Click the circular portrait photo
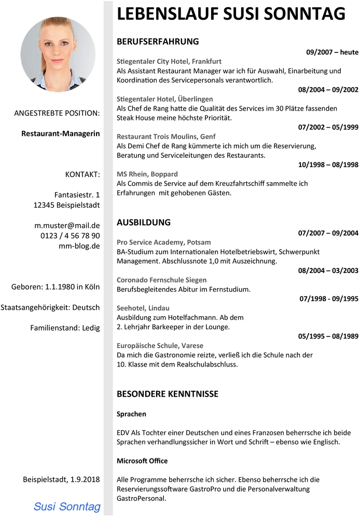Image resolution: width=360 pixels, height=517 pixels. pos(58,54)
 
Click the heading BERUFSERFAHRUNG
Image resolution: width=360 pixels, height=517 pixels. pos(158,42)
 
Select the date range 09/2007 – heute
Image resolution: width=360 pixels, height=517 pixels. pos(332,52)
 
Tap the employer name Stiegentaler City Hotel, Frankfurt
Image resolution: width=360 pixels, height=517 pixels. pos(169,61)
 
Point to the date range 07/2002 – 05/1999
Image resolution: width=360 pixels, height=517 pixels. pos(328,127)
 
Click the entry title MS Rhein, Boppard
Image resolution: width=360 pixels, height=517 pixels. pos(147,174)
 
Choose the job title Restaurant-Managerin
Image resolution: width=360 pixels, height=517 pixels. pos(61,133)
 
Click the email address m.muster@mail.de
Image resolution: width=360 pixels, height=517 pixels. pos(67,225)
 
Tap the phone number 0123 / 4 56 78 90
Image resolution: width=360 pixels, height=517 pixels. pos(70,236)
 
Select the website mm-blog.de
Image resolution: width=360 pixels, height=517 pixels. pos(79,246)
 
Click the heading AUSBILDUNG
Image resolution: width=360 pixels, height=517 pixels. pos(144,222)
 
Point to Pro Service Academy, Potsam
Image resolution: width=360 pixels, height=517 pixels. pos(164,242)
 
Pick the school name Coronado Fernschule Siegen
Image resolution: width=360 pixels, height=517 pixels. pos(161,280)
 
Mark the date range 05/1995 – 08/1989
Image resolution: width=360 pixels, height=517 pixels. pos(328,336)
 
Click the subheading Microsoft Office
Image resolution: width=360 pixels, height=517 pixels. pos(142,460)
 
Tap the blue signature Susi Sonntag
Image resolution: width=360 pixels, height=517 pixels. pos(67,506)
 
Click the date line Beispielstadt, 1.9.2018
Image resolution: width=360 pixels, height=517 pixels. pos(61,479)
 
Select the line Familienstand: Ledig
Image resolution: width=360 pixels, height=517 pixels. pos(65,328)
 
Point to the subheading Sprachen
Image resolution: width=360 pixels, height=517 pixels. pos(131,414)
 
